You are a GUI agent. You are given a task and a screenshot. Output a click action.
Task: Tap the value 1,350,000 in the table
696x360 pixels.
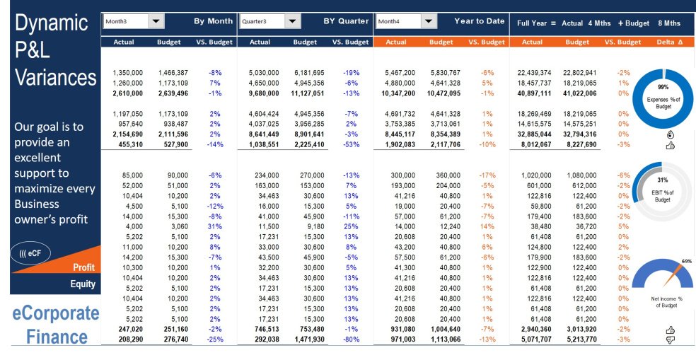point(128,73)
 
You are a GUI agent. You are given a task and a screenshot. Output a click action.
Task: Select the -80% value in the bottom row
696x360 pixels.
point(351,340)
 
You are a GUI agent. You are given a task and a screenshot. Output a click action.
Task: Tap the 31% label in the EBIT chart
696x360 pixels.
point(663,180)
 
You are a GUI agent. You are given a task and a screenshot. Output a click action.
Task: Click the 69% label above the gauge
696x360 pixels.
point(686,262)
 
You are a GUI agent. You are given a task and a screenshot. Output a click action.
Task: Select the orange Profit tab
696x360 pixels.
point(83,267)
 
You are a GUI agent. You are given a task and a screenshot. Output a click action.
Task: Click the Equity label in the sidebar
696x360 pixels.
point(82,284)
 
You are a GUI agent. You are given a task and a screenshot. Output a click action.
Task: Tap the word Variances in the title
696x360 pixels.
point(56,76)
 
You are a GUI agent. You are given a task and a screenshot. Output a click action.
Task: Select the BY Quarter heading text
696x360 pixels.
point(346,22)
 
